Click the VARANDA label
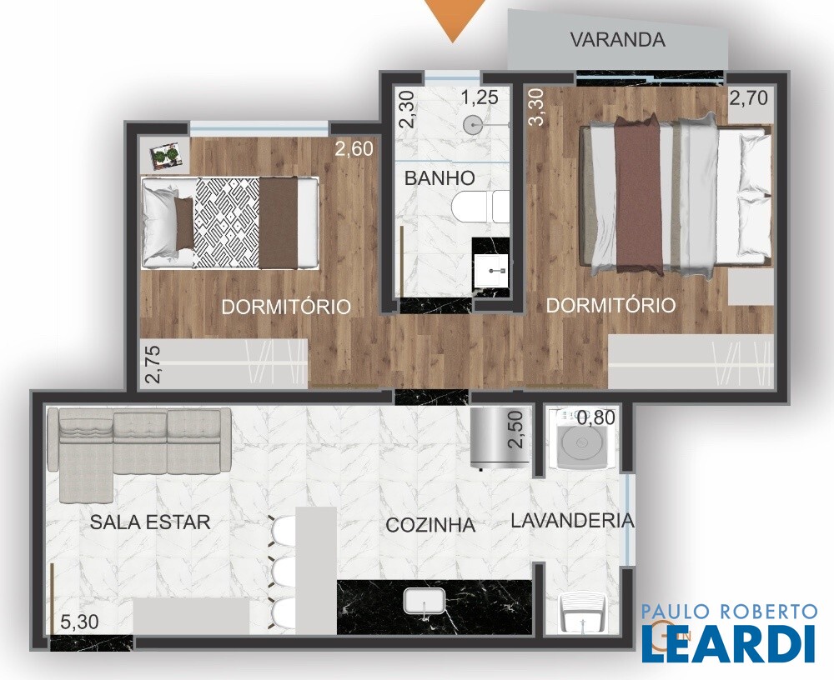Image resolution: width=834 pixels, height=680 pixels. point(617,40)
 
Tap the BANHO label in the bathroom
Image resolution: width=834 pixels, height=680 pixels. point(440,178)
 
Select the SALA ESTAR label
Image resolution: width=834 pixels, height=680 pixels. point(150,522)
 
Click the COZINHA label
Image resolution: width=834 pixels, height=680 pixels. point(430,525)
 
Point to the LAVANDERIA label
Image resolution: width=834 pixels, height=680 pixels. point(573,521)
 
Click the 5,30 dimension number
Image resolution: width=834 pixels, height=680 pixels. point(79,622)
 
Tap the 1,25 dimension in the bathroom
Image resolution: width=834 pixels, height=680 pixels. point(480,97)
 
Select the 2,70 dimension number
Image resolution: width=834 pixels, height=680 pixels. point(748,98)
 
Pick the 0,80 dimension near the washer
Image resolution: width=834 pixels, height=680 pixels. point(596,417)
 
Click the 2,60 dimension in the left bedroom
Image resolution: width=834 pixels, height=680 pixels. point(354,149)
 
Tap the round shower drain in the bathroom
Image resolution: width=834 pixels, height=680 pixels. point(472,126)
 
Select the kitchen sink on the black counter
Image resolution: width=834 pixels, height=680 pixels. point(424,602)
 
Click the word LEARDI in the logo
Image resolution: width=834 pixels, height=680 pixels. point(729,644)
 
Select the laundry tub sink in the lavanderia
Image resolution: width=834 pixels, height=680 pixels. point(584,614)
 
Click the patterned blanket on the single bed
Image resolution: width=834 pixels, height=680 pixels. point(227,222)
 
